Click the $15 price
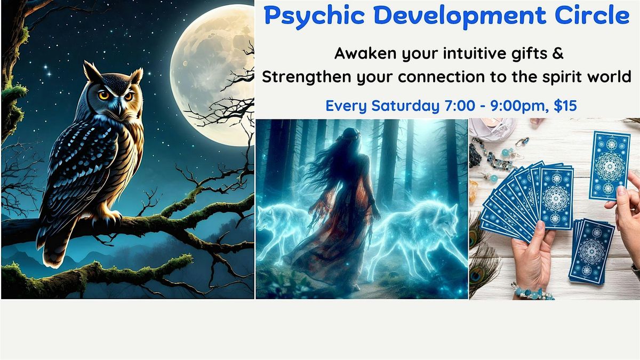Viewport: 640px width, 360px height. (565, 106)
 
